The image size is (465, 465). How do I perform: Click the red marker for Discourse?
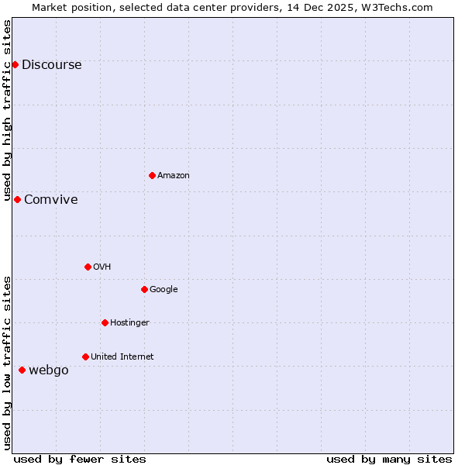coord(15,64)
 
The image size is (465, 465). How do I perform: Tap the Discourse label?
coord(51,65)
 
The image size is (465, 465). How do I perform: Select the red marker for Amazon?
coord(152,175)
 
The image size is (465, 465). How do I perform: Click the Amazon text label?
coord(173,176)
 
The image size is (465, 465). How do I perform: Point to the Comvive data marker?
coord(17,199)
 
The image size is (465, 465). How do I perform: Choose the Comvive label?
coord(50,200)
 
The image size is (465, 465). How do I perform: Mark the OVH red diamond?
coord(88,267)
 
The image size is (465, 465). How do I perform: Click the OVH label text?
coord(102,267)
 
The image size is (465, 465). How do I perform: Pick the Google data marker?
coord(144,289)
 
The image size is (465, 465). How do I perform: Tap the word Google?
coord(164,290)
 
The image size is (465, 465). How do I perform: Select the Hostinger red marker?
coord(105,322)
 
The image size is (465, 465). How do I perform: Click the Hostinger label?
coord(129,323)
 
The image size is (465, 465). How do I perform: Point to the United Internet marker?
coord(85,356)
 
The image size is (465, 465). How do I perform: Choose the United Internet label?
coord(122,357)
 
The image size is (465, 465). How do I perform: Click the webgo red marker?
coord(22,370)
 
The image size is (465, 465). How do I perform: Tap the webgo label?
coord(48,370)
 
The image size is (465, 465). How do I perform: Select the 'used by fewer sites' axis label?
coord(80,459)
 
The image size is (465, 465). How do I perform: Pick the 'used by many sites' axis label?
coord(389,459)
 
